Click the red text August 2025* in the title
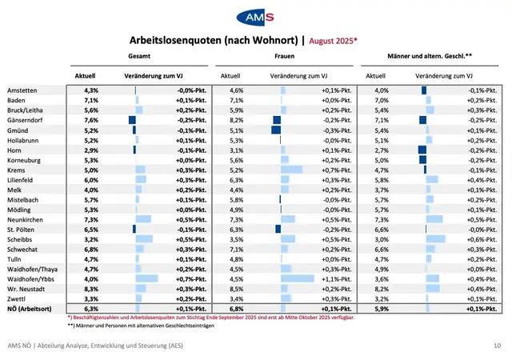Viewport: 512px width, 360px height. (333, 39)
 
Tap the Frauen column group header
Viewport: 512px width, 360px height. (285, 58)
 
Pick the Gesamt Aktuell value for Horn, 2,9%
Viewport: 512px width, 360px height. (90, 149)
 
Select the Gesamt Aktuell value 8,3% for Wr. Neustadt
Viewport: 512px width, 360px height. (90, 287)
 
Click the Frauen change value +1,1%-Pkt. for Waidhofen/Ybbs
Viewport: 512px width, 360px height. (336, 278)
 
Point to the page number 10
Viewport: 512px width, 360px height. (498, 346)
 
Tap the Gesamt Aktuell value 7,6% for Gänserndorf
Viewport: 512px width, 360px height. (90, 119)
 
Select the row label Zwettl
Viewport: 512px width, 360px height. (18, 298)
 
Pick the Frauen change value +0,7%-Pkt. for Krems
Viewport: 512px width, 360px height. (336, 169)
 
